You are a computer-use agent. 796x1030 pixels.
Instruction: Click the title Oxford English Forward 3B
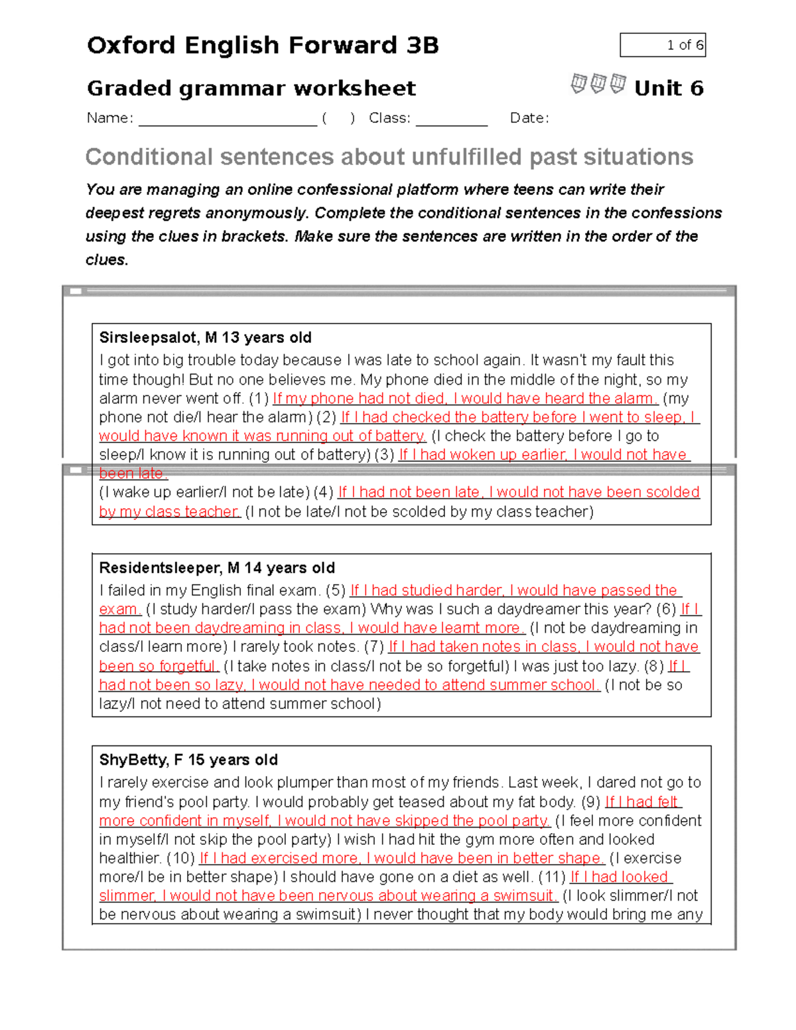[263, 45]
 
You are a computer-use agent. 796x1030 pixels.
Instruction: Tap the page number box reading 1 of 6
[663, 45]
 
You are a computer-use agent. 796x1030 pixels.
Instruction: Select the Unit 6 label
[669, 88]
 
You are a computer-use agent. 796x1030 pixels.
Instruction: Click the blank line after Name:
[228, 119]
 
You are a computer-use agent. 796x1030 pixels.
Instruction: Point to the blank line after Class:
[452, 119]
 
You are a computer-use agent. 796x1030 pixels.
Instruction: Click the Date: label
[529, 118]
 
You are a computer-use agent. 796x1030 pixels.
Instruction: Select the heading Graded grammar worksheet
[251, 88]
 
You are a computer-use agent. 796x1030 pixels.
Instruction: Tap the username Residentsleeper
[161, 568]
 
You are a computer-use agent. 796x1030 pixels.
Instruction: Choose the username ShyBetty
[133, 759]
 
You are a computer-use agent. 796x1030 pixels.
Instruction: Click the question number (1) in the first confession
[259, 399]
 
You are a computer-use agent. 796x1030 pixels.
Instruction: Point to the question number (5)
[336, 590]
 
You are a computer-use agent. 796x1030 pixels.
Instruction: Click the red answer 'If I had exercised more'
[279, 858]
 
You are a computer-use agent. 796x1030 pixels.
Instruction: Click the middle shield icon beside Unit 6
[598, 84]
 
